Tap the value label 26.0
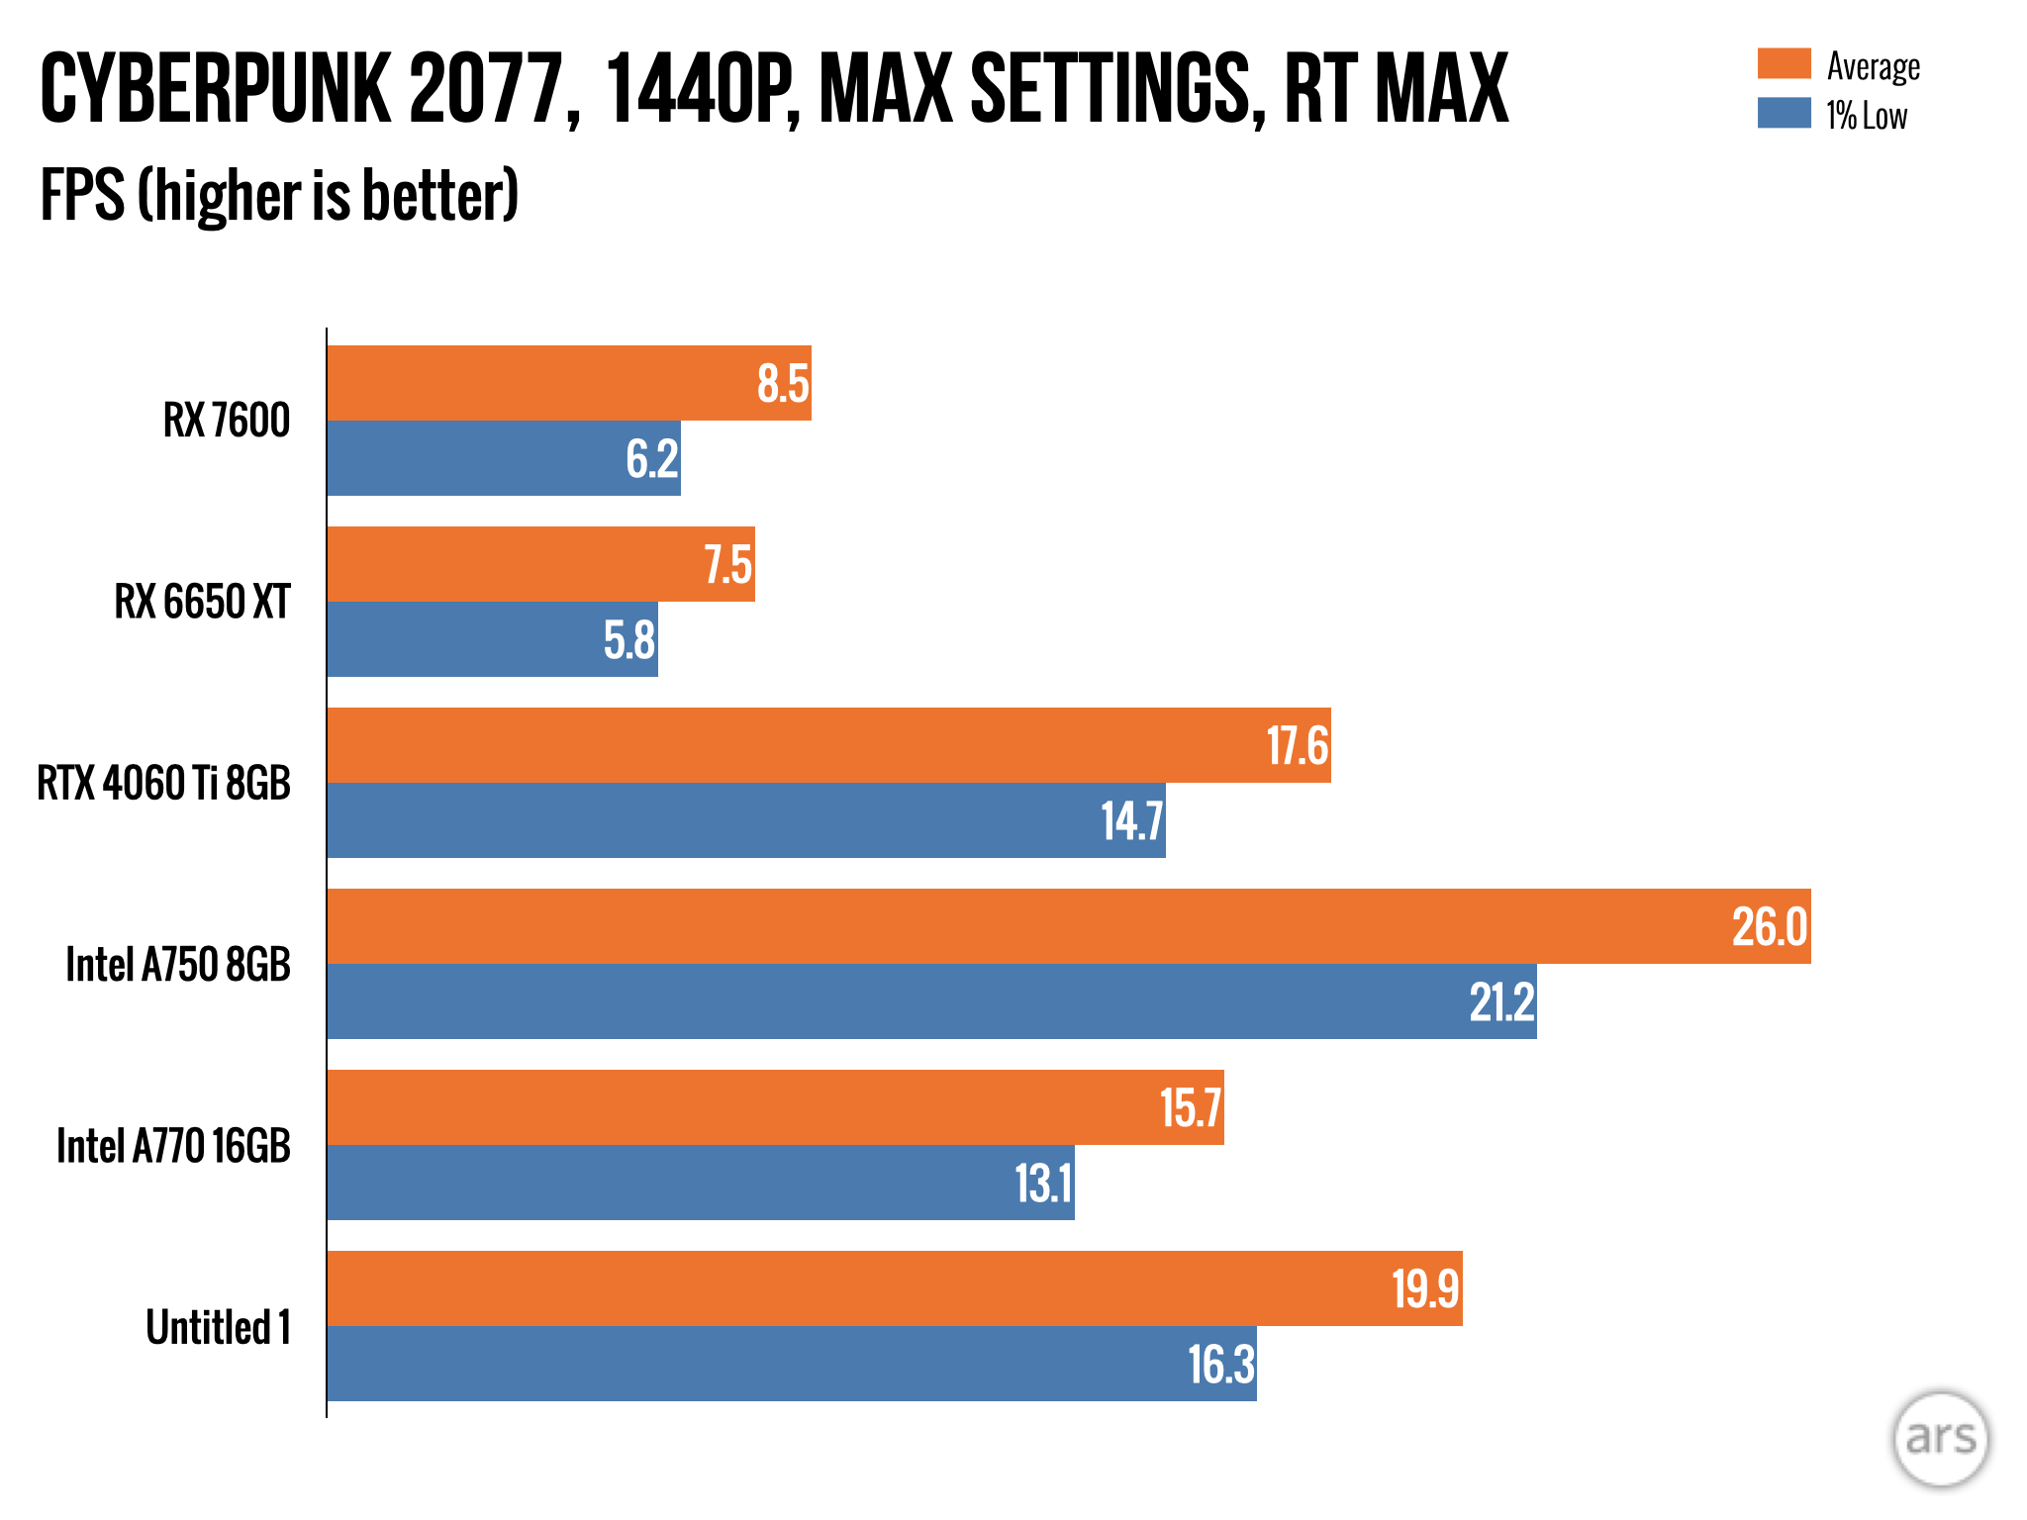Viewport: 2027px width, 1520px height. [1769, 927]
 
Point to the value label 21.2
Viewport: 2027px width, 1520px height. [1500, 1002]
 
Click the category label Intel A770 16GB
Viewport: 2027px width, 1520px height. [174, 1146]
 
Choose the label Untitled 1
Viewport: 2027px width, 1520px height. [219, 1327]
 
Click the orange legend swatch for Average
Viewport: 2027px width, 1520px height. [1784, 64]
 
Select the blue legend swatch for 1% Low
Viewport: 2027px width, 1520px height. [1784, 114]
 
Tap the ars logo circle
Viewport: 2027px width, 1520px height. [1940, 1439]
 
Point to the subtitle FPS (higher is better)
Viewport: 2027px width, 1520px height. [279, 196]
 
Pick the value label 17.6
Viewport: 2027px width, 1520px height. [1297, 746]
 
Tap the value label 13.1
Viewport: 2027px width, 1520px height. [1043, 1184]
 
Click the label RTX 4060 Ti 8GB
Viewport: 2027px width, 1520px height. [164, 784]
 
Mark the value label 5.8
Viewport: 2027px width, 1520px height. [629, 640]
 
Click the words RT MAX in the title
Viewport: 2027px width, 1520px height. [1396, 90]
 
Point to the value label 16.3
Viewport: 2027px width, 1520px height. [1220, 1365]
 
